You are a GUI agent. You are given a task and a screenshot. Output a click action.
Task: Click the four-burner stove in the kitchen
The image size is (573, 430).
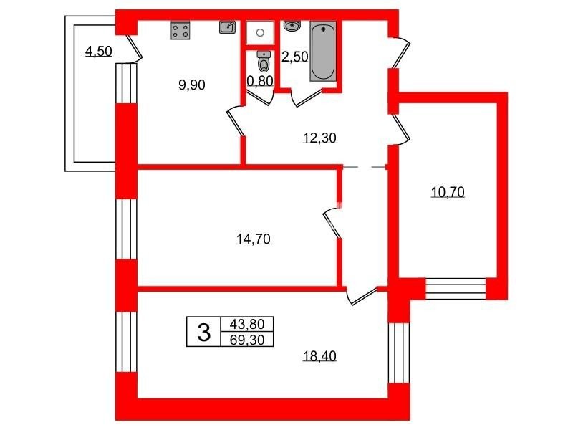180,30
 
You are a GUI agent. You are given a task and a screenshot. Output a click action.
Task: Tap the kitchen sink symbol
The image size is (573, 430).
227,27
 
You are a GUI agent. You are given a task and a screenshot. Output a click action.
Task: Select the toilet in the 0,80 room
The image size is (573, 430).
264,62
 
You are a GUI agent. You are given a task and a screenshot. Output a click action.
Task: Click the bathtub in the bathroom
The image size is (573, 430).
323,51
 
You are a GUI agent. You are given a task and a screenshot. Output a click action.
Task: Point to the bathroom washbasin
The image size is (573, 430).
292,26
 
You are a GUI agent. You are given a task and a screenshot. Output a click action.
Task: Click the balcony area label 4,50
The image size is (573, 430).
98,51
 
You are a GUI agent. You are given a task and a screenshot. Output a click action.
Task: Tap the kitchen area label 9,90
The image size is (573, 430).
191,85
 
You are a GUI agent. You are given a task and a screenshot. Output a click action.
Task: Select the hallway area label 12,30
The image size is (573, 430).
319,138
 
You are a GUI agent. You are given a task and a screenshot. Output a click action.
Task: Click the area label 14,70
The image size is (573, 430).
254,239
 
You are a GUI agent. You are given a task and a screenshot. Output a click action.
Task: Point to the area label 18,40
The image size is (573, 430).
319,355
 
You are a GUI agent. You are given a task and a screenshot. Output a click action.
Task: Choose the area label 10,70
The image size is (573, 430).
448,192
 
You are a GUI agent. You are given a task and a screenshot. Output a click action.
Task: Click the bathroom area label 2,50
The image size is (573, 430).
295,57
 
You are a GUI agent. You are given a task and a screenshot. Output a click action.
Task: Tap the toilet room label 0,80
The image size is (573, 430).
260,81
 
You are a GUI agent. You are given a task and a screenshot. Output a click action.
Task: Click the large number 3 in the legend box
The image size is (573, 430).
204,333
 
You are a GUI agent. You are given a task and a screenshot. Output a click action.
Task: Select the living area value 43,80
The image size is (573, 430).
247,324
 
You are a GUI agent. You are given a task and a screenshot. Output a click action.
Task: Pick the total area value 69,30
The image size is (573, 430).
247,340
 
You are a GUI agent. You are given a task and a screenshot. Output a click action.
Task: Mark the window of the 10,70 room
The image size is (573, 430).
456,286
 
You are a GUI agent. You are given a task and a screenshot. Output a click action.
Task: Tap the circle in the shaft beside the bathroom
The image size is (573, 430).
260,33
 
